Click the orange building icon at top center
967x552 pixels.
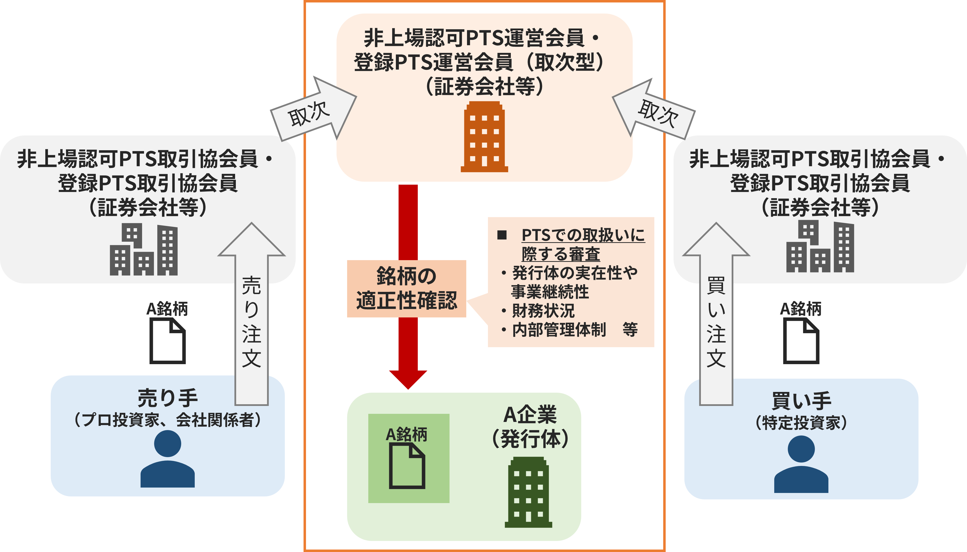[x=484, y=137]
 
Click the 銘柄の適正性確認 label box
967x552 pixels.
[x=406, y=288]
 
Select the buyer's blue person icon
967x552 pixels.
[x=801, y=464]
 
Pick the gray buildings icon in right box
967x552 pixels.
[x=820, y=247]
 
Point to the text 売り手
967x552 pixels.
[x=167, y=398]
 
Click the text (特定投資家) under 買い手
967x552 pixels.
[x=801, y=423]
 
